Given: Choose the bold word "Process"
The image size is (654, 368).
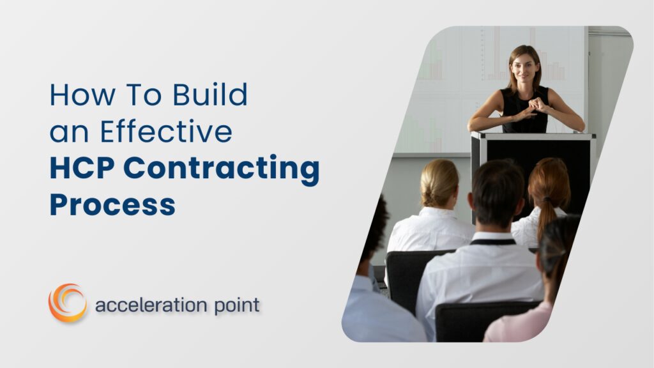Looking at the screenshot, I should [112, 205].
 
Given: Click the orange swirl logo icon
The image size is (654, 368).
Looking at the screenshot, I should [67, 302].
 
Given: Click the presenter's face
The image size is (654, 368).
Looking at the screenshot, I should [523, 66].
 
